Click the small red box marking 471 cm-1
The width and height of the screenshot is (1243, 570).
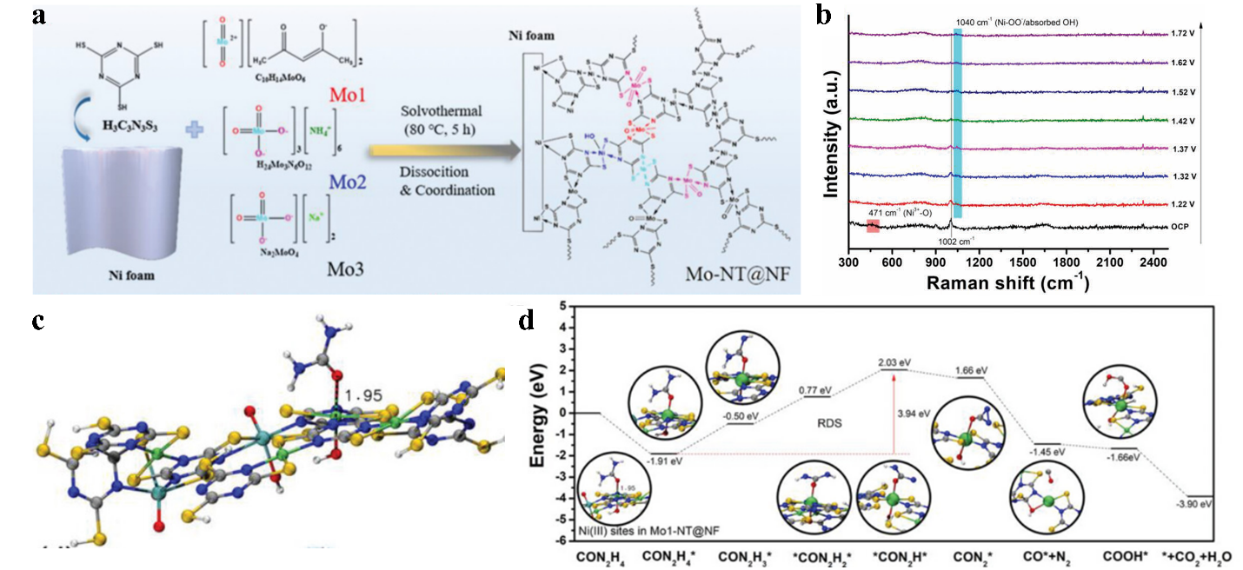(873, 227)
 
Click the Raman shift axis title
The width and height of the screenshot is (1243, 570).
(1008, 282)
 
